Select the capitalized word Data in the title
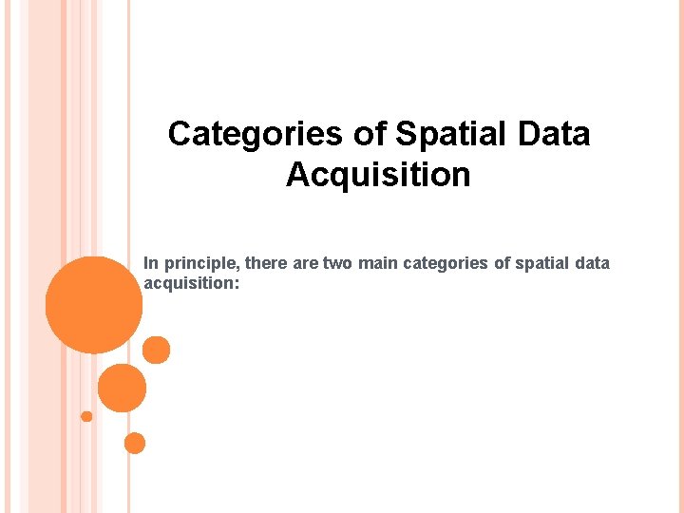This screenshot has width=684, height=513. pyautogui.click(x=555, y=134)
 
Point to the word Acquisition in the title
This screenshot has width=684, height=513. pyautogui.click(x=378, y=175)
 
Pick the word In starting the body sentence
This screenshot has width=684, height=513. pyautogui.click(x=150, y=262)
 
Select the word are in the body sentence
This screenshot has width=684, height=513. pyautogui.click(x=306, y=263)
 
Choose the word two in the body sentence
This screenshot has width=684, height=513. pyautogui.click(x=337, y=262)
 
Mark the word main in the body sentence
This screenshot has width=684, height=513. pyautogui.click(x=377, y=262)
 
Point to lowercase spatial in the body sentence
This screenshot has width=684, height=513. pyautogui.click(x=542, y=263)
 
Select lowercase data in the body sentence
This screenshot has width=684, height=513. pyautogui.click(x=593, y=262)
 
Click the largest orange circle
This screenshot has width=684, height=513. pyautogui.click(x=93, y=305)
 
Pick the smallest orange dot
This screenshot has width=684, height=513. pyautogui.click(x=86, y=416)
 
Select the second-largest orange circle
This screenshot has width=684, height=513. pyautogui.click(x=122, y=388)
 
